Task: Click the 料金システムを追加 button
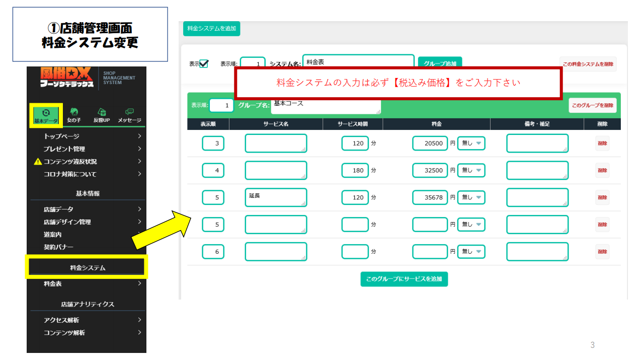point(211,29)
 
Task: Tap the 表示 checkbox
point(204,64)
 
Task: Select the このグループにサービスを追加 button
point(404,279)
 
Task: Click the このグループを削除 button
point(592,105)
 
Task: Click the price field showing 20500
point(430,143)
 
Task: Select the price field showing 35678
point(430,197)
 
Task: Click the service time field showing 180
point(355,171)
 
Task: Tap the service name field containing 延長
point(276,197)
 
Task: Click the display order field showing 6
point(213,252)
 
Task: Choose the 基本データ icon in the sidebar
point(46,115)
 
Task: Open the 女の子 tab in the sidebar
point(74,115)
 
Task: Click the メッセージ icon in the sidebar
point(129,115)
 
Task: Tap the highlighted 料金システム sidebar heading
point(87,268)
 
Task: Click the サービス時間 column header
point(352,124)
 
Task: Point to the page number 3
point(592,345)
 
